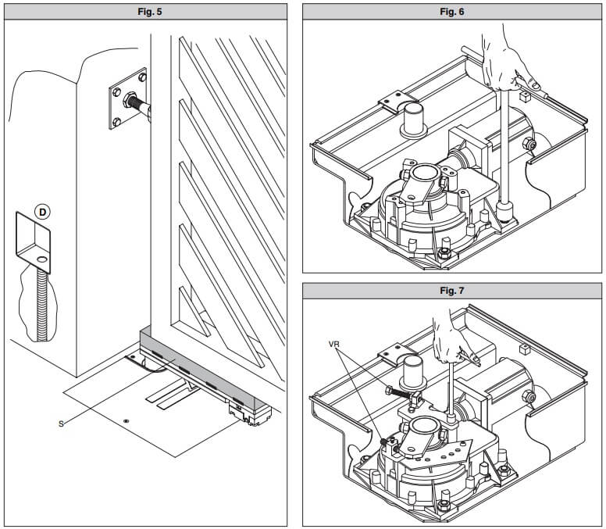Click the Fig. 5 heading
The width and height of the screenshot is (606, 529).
pyautogui.click(x=150, y=12)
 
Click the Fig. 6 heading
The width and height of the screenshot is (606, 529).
pyautogui.click(x=452, y=12)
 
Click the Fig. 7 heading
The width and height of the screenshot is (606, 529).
pyautogui.click(x=452, y=291)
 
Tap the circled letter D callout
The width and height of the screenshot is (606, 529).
pyautogui.click(x=42, y=212)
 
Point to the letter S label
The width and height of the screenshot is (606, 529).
pyautogui.click(x=61, y=424)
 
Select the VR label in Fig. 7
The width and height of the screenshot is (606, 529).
pyautogui.click(x=334, y=344)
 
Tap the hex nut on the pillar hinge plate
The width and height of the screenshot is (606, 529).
pyautogui.click(x=129, y=100)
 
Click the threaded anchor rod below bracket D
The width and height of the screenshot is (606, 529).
pyautogui.click(x=41, y=305)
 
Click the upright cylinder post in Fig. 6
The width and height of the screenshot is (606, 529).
pyautogui.click(x=414, y=120)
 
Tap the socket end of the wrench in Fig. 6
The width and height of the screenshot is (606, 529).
pyautogui.click(x=504, y=212)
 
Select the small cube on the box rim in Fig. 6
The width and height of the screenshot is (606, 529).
pyautogui.click(x=525, y=97)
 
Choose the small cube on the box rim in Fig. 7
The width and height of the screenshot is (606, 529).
pyautogui.click(x=525, y=349)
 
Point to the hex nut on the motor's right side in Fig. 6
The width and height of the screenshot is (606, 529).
pyautogui.click(x=529, y=145)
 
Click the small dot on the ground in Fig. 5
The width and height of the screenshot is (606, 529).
pyautogui.click(x=125, y=420)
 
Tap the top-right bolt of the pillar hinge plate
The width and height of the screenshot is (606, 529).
pyautogui.click(x=142, y=77)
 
